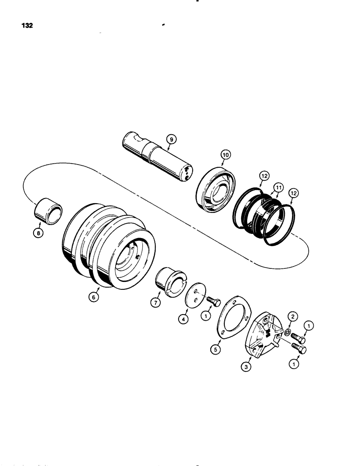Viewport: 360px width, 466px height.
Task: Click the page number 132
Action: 26,26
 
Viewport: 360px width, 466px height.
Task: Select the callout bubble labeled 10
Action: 225,154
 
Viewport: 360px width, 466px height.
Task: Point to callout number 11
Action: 278,187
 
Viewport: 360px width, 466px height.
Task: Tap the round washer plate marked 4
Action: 195,296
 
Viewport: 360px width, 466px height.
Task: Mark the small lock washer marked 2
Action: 289,334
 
